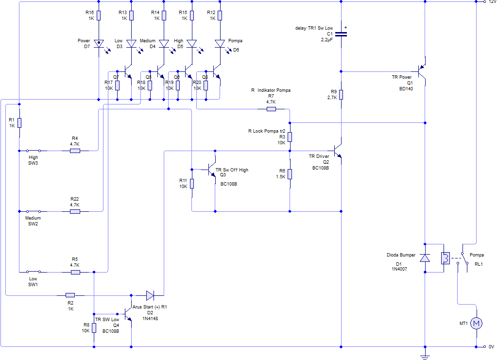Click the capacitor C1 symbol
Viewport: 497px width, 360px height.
pos(342,34)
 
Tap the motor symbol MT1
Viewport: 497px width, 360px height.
pos(476,324)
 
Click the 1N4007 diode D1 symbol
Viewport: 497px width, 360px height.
pos(425,258)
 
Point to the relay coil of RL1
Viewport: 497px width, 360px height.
pos(444,258)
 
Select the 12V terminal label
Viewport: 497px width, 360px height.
pos(492,2)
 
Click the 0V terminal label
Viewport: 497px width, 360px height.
pos(491,347)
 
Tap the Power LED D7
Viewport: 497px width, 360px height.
pos(99,44)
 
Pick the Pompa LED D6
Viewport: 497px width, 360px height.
pos(220,44)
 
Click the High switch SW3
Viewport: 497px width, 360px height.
pos(33,151)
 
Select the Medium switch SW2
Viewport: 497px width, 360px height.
pos(33,211)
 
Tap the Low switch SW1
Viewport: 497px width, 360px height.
pos(33,272)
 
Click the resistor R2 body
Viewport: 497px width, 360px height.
pos(70,295)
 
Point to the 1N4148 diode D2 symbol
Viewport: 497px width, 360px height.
pos(150,295)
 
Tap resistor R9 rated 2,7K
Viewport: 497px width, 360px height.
pos(342,94)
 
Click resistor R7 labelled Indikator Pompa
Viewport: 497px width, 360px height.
pos(271,109)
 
